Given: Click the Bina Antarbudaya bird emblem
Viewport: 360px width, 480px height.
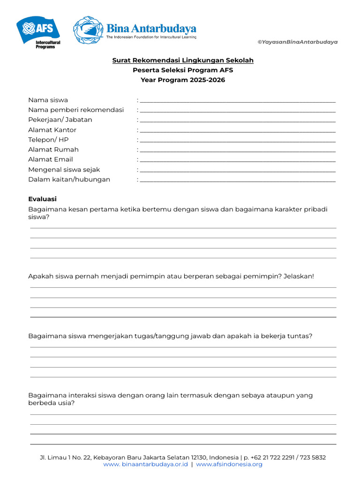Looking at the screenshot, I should [88, 30].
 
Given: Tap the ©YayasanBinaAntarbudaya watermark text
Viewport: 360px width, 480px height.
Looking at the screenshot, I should [298, 42].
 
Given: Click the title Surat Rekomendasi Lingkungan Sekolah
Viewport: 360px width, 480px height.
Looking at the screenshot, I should [183, 60].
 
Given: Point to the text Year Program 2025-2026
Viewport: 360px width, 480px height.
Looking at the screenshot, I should [183, 80].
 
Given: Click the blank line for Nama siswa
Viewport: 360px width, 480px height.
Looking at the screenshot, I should [238, 100].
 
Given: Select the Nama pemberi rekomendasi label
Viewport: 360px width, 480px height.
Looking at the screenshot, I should [76, 110].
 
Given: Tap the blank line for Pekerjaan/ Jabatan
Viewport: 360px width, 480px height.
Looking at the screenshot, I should [238, 120].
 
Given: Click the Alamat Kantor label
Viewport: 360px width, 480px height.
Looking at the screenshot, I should [52, 130].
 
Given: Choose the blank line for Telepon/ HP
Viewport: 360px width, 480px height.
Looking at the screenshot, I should [238, 140].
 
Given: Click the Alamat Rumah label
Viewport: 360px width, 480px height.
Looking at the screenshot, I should [53, 150].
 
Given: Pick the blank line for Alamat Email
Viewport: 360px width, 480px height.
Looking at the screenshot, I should [238, 159].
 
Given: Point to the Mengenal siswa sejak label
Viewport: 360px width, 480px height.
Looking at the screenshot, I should [64, 170].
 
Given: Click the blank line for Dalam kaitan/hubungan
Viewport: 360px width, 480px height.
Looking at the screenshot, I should [238, 180].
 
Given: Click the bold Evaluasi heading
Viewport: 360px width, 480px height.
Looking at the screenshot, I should [42, 199].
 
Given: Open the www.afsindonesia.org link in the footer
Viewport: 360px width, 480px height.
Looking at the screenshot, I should [229, 465].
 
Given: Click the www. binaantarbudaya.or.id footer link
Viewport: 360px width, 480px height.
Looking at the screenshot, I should [145, 465].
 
